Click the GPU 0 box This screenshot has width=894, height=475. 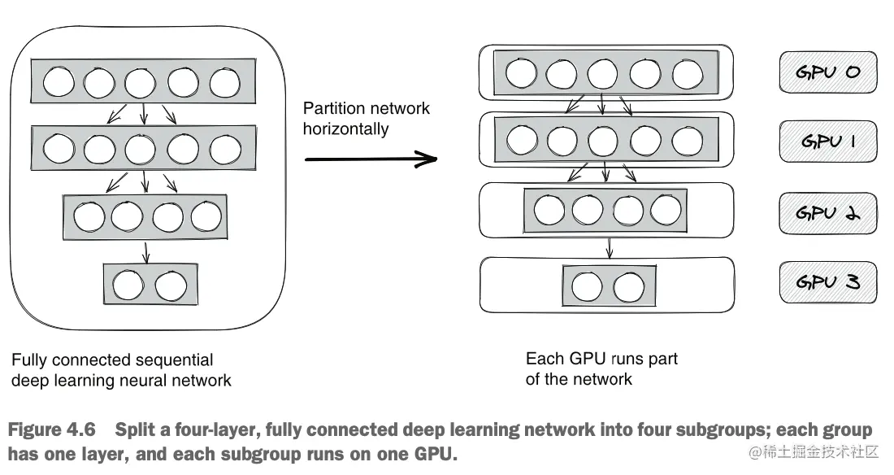tap(828, 72)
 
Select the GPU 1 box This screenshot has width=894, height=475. tap(828, 142)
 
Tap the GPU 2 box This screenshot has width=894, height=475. tap(828, 212)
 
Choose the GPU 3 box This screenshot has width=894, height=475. tap(828, 282)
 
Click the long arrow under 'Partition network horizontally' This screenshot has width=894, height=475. tap(371, 160)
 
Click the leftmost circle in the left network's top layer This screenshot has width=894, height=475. tap(59, 83)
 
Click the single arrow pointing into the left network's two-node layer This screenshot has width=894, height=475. tap(146, 253)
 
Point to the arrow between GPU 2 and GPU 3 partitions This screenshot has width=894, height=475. tap(609, 246)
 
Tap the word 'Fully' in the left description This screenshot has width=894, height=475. tap(28, 360)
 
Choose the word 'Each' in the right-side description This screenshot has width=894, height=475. tap(542, 359)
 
